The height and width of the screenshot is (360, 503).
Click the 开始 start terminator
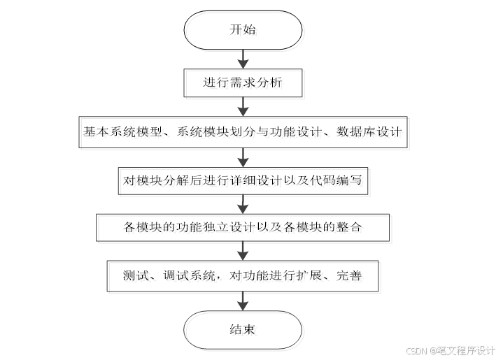[x=243, y=29]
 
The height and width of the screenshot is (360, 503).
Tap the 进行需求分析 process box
[x=243, y=82]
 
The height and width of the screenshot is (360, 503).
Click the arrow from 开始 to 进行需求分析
[x=243, y=57]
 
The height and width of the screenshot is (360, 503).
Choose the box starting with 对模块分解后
[x=243, y=180]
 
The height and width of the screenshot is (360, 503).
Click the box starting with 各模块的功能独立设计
[x=243, y=227]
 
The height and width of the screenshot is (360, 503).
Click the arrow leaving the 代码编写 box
[x=243, y=203]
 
